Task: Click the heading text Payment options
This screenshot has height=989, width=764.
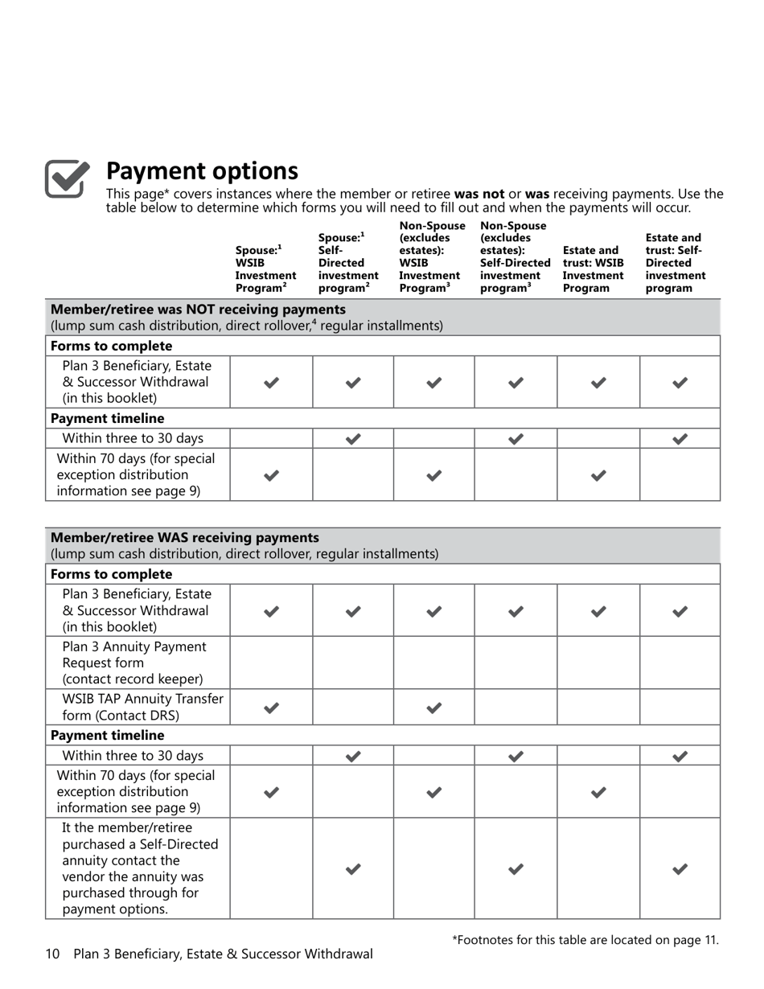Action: click(202, 171)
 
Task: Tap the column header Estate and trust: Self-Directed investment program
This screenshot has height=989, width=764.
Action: click(676, 263)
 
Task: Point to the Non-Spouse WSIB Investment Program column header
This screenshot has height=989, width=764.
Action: click(432, 256)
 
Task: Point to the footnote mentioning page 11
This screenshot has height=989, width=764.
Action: click(585, 939)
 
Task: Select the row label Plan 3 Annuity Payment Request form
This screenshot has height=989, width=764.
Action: click(133, 663)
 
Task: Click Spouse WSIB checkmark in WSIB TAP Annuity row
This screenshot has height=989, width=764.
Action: click(271, 708)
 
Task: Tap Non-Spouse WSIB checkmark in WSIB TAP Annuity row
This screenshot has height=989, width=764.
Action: click(433, 708)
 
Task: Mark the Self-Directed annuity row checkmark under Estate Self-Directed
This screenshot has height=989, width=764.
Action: click(680, 868)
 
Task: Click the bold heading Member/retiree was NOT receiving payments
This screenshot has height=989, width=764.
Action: click(198, 310)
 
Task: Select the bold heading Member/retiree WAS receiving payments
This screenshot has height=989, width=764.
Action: click(184, 537)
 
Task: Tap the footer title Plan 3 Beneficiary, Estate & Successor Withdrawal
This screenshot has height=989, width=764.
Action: click(223, 954)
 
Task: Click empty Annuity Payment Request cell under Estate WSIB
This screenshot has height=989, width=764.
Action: click(598, 663)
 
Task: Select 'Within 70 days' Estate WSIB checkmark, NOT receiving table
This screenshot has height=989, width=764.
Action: click(598, 475)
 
